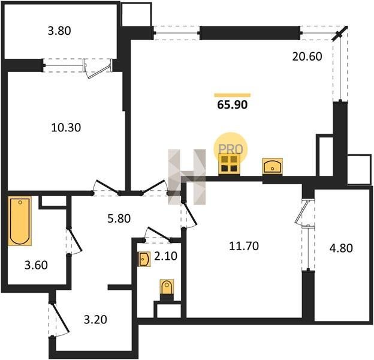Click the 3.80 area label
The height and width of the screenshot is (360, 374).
59,31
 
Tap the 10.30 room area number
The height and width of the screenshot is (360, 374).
66,128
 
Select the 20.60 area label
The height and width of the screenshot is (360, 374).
307,56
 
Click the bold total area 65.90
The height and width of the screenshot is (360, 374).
233,105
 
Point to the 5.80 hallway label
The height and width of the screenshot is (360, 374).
119,218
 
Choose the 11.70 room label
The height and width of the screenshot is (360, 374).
244,246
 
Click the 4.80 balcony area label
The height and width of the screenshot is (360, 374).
341,248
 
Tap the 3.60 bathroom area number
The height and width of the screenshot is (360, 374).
36,265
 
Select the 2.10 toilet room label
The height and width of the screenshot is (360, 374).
166,256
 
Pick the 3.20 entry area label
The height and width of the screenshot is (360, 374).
95,320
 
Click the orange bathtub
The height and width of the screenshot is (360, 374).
20,221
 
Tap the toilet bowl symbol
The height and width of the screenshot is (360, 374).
167,287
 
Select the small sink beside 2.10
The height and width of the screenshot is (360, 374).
144,259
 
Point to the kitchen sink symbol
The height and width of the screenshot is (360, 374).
272,166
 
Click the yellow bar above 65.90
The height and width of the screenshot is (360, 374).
233,95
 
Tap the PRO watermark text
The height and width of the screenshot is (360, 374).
230,149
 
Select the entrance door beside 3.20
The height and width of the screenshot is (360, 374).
59,318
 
